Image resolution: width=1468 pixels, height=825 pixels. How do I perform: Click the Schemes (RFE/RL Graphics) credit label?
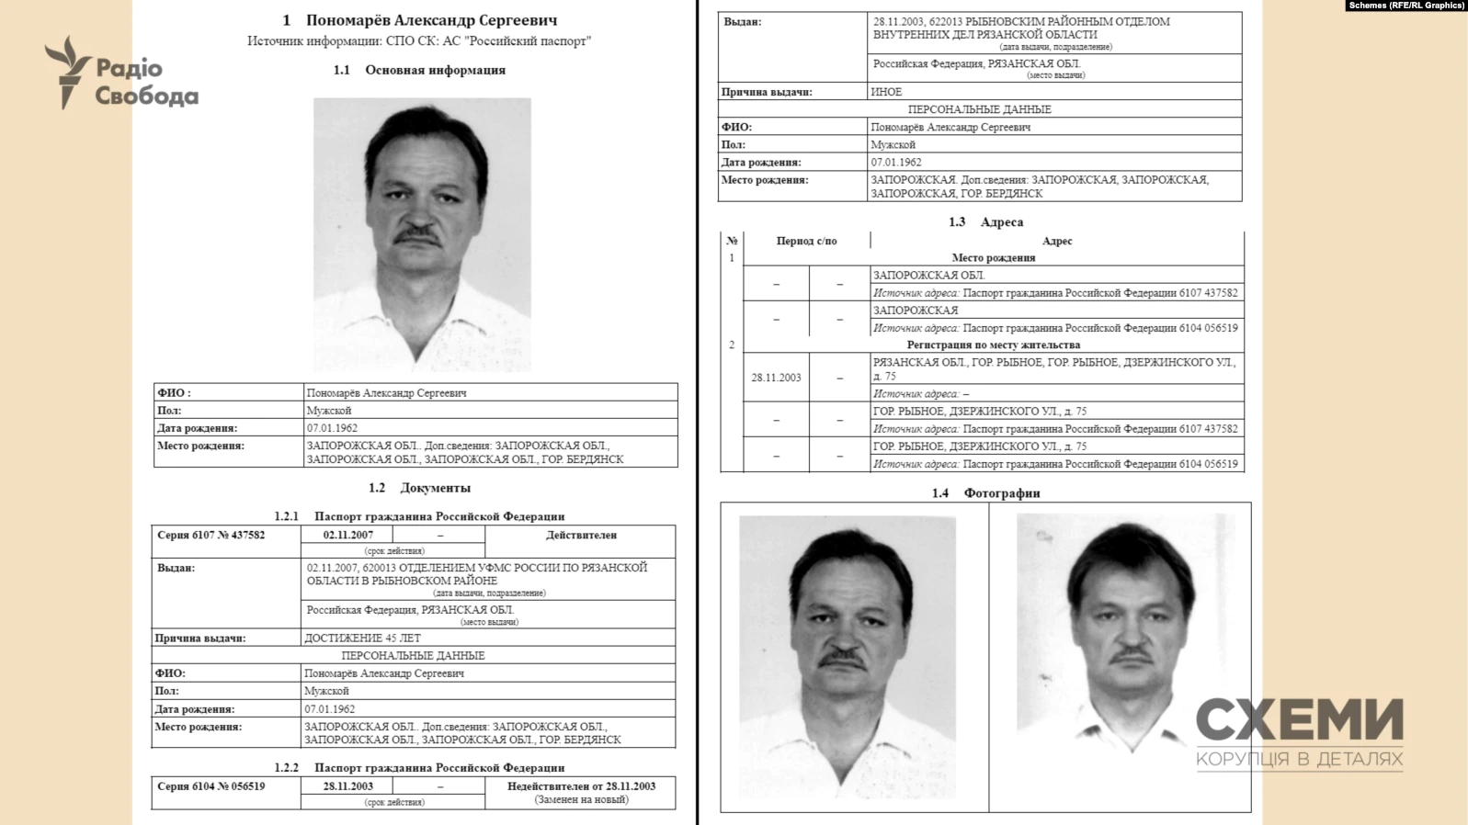1405,6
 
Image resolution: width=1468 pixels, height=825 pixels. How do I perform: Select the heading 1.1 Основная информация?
419,70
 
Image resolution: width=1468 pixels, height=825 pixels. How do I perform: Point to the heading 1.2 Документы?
419,488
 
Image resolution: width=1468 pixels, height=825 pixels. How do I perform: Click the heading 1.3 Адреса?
985,222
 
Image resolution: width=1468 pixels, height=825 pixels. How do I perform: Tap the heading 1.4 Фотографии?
985,493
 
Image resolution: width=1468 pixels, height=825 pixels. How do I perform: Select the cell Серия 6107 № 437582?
211,536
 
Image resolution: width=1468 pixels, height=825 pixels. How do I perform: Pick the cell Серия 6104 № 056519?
211,786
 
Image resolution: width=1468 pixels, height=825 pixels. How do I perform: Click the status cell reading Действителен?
581,536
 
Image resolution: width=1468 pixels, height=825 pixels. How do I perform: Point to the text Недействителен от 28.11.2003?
581,786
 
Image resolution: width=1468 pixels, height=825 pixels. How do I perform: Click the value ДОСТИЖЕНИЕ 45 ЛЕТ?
362,638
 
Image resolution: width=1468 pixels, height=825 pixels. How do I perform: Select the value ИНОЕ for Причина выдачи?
886,92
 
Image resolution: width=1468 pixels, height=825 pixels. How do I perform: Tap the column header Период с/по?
806,241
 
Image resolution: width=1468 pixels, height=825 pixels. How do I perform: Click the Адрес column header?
1057,241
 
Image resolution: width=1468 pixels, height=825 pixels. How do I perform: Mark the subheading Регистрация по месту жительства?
993,345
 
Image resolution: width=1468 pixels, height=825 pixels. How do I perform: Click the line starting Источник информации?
419,41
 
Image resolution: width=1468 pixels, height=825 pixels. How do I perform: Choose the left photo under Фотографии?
848,657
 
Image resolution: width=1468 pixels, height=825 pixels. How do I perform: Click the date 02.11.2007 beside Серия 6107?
347,536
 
